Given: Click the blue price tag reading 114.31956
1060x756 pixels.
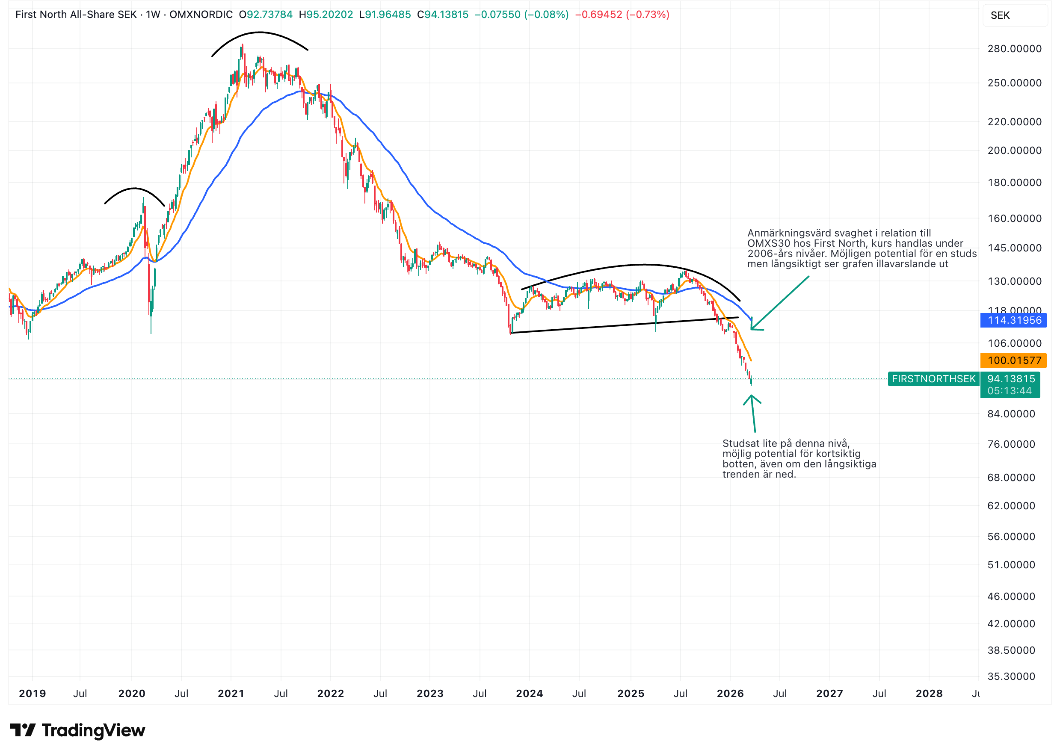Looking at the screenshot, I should tap(1013, 320).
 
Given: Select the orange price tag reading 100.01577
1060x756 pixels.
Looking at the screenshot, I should tap(1013, 360).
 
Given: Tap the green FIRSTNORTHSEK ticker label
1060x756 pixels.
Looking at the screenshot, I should tap(933, 379).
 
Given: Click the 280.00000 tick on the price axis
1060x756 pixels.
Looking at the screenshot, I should tap(1014, 49).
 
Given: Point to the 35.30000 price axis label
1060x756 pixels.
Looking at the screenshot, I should tap(1011, 676).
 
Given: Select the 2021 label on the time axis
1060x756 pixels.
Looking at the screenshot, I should tap(231, 694).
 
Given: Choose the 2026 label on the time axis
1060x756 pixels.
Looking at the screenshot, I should tap(730, 694).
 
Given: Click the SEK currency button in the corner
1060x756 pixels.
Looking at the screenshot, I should tap(1000, 15).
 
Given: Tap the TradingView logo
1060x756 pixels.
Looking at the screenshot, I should tap(78, 730).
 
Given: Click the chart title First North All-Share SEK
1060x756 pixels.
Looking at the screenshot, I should tap(76, 15).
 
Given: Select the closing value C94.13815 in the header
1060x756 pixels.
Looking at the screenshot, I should tap(442, 15).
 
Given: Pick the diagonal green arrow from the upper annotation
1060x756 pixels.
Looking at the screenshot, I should tap(780, 303).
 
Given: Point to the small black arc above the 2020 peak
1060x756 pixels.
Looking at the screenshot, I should tap(134, 189).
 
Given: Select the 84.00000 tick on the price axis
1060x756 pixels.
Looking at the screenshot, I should tap(1011, 414).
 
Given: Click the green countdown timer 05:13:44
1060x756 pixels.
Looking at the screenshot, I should tap(1009, 391).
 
